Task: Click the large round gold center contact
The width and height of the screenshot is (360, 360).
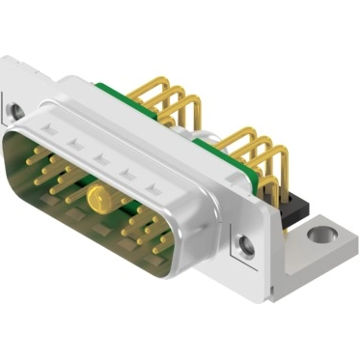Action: [97, 200]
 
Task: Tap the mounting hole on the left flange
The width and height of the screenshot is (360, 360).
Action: [16, 111]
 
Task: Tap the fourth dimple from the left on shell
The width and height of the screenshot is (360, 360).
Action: [125, 174]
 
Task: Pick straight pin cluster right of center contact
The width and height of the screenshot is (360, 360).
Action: [145, 227]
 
